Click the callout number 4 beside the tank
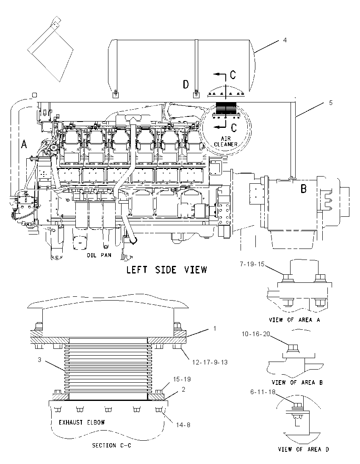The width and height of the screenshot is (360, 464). point(285,40)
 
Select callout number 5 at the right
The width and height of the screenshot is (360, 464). point(331,103)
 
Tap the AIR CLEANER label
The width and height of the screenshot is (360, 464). point(226,141)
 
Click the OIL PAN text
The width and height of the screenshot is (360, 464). point(99,255)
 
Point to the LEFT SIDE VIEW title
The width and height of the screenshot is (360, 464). point(167,270)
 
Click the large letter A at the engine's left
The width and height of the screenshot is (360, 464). point(24,144)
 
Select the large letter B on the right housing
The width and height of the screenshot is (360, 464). point(303,188)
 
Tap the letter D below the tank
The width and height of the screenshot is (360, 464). point(186,85)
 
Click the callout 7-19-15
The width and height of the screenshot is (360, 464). point(252,264)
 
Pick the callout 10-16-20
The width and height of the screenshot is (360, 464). point(256,334)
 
